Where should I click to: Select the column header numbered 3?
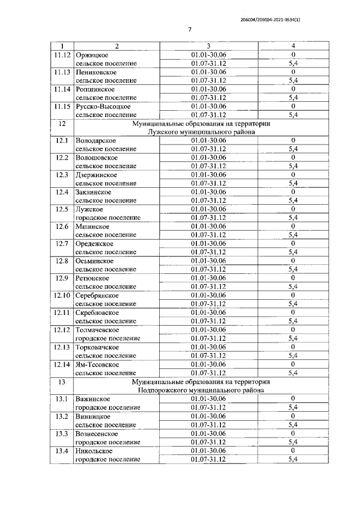[x=208, y=46]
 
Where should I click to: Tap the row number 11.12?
[x=61, y=55]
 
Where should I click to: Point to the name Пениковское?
[x=96, y=72]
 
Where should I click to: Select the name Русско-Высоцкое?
[x=103, y=106]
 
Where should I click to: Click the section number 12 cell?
[x=61, y=123]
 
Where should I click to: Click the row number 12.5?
[x=61, y=209]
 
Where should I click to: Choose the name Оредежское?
[x=94, y=243]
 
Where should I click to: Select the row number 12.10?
[x=61, y=295]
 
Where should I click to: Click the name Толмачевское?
[x=97, y=329]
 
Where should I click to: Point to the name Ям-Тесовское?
[x=97, y=363]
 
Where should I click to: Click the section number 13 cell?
[x=61, y=381]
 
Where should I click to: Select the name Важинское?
[x=93, y=398]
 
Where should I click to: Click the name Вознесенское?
[x=97, y=433]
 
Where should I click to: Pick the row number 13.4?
[x=61, y=450]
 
